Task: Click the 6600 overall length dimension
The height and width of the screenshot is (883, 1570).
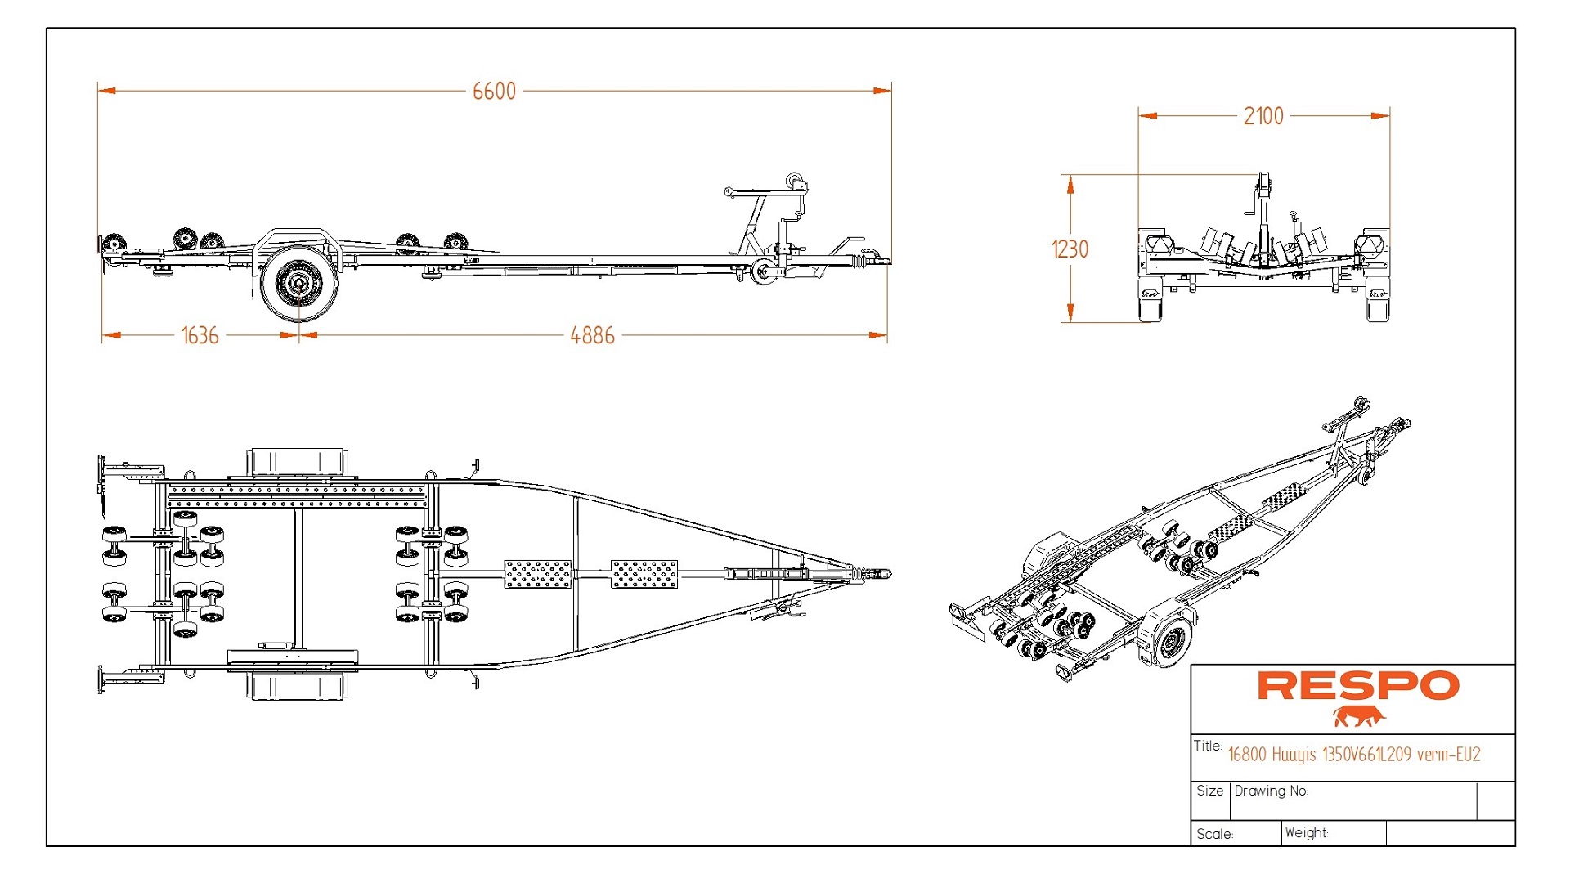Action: click(x=494, y=91)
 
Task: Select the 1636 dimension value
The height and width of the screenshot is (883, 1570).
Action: click(x=200, y=335)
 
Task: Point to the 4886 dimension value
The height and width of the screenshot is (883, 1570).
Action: click(x=592, y=335)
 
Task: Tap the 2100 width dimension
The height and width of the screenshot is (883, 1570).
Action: click(x=1263, y=116)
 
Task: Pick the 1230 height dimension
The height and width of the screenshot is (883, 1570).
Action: click(x=1070, y=249)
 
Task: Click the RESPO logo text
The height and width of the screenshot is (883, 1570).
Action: click(x=1357, y=686)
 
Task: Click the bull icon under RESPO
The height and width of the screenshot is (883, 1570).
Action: click(x=1358, y=717)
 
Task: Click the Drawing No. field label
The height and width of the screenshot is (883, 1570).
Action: click(x=1271, y=791)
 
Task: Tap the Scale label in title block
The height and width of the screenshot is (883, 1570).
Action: click(x=1214, y=834)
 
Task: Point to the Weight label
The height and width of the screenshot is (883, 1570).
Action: click(x=1306, y=832)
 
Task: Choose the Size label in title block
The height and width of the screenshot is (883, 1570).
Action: click(x=1209, y=791)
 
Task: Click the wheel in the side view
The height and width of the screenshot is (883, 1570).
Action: click(x=298, y=283)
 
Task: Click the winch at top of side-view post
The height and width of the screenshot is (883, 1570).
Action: click(x=794, y=182)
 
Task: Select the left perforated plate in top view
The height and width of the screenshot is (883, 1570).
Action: click(x=537, y=574)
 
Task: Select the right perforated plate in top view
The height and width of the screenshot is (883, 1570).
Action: click(x=644, y=574)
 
